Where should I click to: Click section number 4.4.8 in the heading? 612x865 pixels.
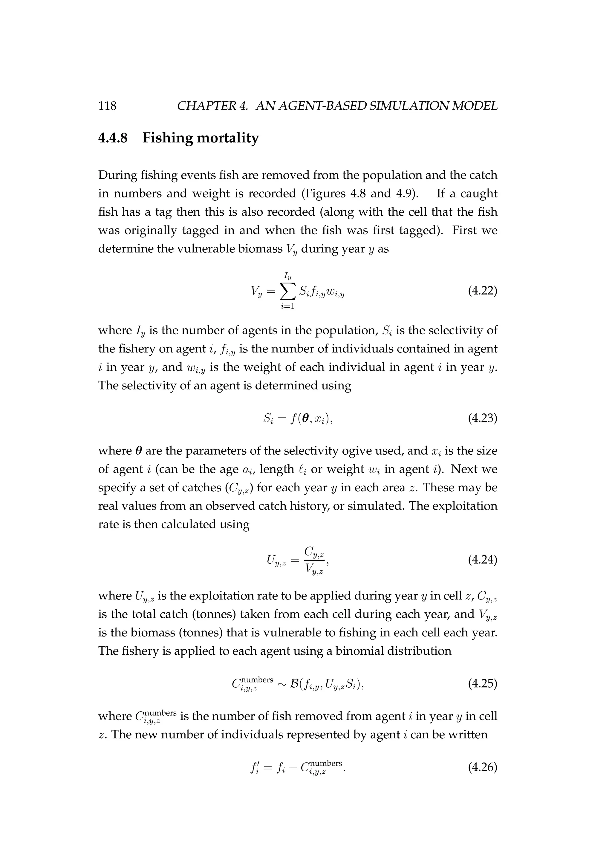[113, 138]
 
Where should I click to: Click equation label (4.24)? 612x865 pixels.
[482, 560]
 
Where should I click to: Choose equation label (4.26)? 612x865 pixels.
[482, 767]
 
